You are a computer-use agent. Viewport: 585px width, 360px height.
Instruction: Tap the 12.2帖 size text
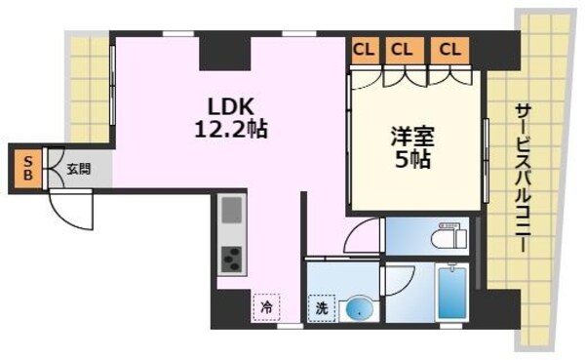[x=231, y=128]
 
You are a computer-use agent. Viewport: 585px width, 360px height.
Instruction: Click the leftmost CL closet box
[x=364, y=49]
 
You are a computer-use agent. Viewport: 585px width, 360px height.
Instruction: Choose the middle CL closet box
[x=402, y=49]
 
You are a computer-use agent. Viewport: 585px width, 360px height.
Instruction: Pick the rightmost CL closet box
[x=448, y=49]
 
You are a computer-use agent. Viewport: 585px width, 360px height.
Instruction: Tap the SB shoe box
[x=26, y=168]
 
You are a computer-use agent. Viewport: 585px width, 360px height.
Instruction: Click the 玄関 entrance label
[x=78, y=168]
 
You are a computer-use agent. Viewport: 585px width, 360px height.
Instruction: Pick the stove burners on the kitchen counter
[x=232, y=260]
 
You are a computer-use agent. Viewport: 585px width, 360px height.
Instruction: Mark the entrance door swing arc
[x=70, y=208]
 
